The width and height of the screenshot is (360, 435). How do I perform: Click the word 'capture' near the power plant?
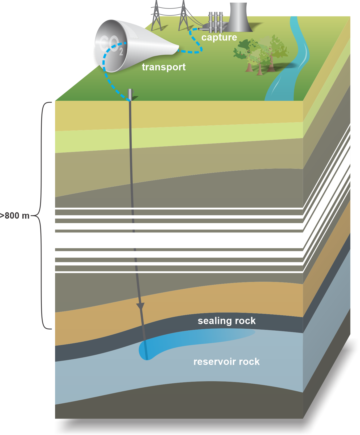[x=219, y=38]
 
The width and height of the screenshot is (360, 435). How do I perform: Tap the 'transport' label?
[x=164, y=67]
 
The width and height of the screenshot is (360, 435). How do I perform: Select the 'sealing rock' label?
[x=226, y=321]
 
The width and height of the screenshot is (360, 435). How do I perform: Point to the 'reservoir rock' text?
[x=226, y=362]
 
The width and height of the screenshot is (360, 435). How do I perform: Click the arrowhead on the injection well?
[x=140, y=306]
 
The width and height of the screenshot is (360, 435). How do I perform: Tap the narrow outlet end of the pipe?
[x=176, y=50]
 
